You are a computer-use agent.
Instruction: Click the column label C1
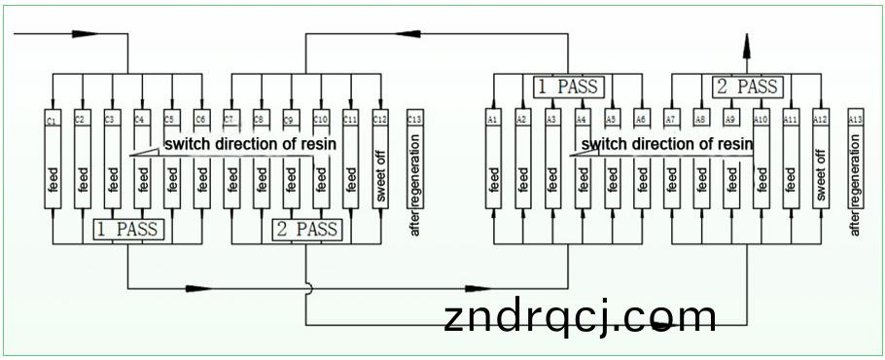tap(53, 120)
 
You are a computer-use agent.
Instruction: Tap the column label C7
tap(230, 120)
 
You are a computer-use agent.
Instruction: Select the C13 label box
tap(415, 120)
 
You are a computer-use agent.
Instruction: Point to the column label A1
tap(493, 119)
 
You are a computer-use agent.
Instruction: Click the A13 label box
tap(855, 119)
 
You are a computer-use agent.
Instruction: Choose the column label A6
tap(641, 119)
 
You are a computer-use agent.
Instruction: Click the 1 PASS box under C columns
tap(128, 230)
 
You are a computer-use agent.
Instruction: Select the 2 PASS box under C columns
tap(306, 230)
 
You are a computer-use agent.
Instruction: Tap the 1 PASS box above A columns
tap(568, 87)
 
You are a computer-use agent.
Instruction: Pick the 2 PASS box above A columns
tap(747, 87)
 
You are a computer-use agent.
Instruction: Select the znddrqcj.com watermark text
tap(580, 317)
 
